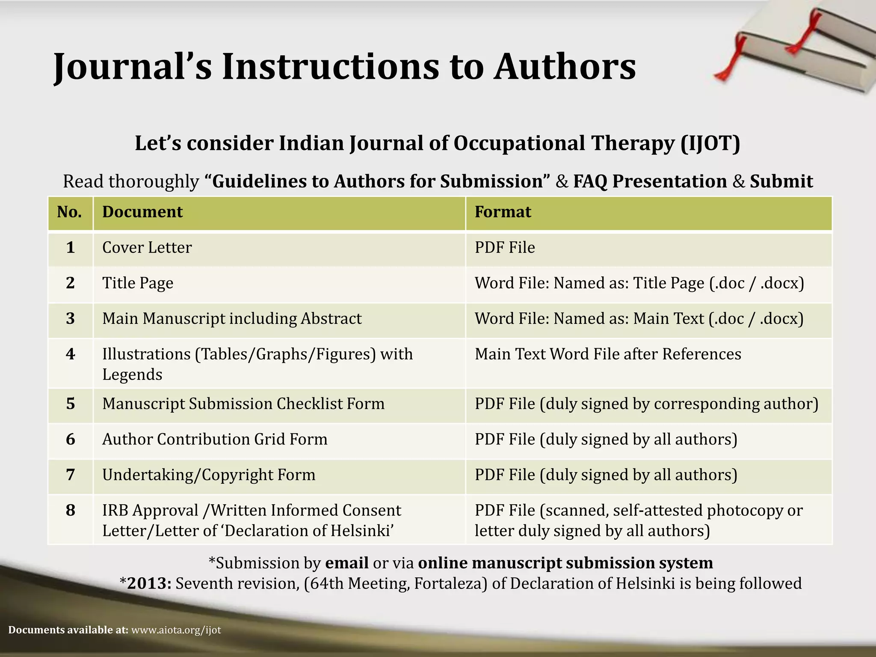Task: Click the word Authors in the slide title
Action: coord(565,67)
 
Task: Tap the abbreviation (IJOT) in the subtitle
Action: coord(710,143)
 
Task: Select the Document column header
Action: coord(142,212)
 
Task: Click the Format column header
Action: coord(503,212)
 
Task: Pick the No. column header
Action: coord(70,212)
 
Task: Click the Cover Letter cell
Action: coord(147,248)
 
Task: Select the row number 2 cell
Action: coord(71,283)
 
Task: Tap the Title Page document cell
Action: coord(138,283)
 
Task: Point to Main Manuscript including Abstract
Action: coord(232,319)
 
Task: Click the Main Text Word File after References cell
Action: coord(608,354)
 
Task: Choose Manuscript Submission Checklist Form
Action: coord(243,404)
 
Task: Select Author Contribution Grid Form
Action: coord(215,439)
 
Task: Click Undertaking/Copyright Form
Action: coord(209,475)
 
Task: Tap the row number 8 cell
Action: coord(71,510)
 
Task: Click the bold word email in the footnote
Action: coord(347,563)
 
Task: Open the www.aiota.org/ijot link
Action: coord(176,630)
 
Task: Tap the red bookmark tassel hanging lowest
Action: coord(723,75)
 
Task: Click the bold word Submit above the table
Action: coord(781,181)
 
